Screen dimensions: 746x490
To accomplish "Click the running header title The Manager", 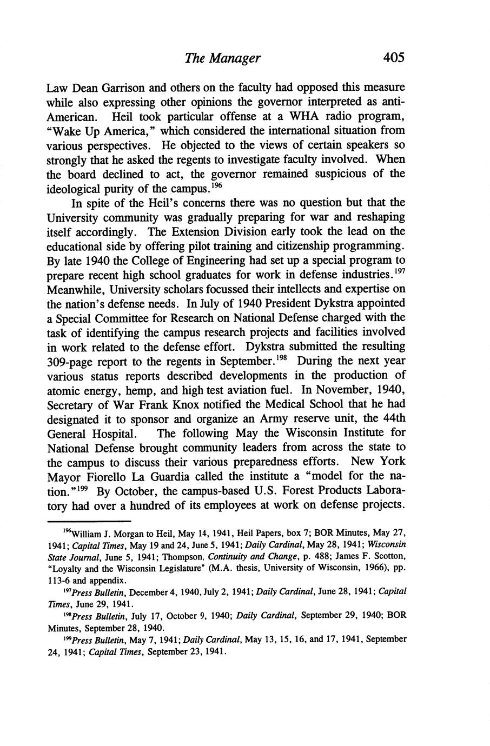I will point(222,58).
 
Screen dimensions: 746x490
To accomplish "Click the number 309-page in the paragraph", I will point(72,361).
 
